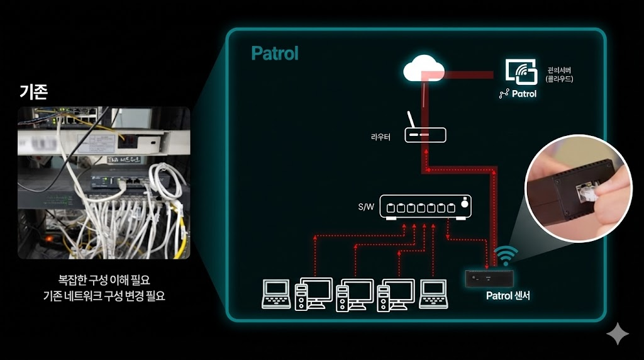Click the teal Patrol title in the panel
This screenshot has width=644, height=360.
[275, 53]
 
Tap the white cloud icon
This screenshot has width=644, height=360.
[424, 68]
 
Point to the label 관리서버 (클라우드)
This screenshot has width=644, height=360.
[559, 75]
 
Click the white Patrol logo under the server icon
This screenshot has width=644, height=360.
[518, 94]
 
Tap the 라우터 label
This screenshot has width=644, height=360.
[380, 136]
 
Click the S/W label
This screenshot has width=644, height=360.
[365, 206]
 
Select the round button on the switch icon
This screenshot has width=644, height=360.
[464, 203]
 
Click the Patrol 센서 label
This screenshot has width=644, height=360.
[508, 295]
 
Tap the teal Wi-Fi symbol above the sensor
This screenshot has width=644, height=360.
[506, 255]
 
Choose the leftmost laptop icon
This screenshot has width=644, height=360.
[276, 294]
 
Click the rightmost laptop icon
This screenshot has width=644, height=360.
[434, 294]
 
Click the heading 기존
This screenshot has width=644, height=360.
[33, 91]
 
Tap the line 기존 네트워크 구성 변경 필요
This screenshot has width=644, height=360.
[104, 295]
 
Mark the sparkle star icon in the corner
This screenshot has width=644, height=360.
[618, 334]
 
